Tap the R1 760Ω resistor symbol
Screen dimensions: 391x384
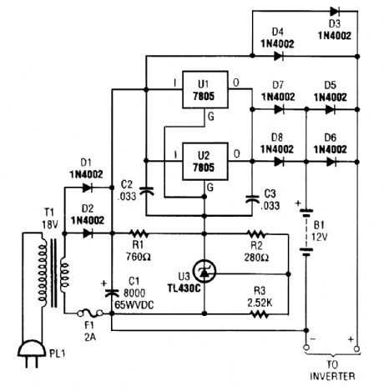[140, 234]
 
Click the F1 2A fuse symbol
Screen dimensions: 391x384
[88, 315]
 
